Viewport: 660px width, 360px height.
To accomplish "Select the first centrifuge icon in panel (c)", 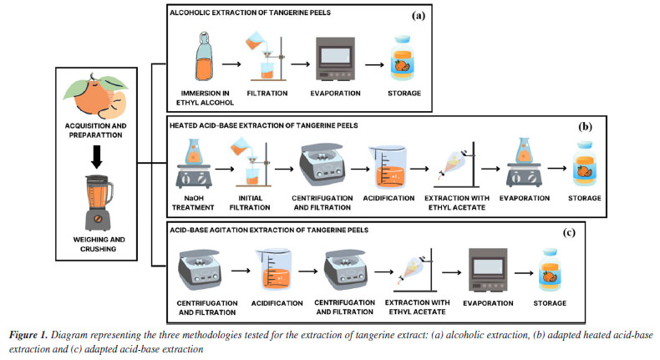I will point(200,268).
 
